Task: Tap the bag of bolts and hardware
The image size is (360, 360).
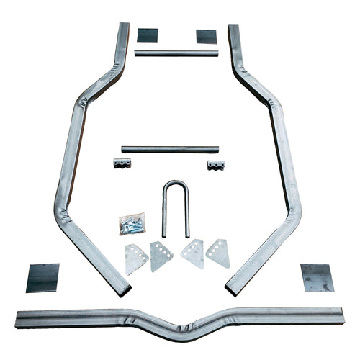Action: (132, 223)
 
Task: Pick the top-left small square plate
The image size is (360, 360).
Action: (147, 35)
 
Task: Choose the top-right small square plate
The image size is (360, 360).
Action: (206, 36)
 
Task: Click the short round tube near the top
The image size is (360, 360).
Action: (176, 53)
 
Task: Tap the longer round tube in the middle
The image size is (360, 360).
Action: (170, 149)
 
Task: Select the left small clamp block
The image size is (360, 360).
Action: (122, 163)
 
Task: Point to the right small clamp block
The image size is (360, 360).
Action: (215, 165)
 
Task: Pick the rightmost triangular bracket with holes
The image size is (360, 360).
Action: (218, 253)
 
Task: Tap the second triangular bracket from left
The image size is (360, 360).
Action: (161, 256)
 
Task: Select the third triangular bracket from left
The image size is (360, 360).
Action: (193, 254)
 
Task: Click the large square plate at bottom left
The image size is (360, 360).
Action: (42, 277)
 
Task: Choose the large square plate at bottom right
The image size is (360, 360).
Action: (317, 277)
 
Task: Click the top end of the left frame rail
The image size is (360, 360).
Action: (123, 29)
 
